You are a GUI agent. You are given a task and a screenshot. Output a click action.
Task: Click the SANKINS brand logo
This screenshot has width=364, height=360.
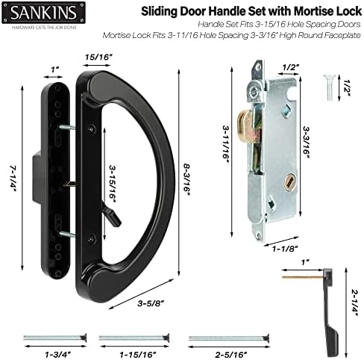click(x=44, y=13)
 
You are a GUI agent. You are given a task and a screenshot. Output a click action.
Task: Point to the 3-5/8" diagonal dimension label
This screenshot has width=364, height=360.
click(x=151, y=303)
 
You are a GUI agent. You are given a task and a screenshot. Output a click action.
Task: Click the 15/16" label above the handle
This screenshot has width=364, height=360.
click(x=97, y=58)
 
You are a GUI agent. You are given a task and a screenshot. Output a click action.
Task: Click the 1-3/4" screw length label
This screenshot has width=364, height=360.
click(x=58, y=354)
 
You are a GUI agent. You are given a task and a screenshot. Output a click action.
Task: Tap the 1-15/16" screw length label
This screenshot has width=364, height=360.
click(x=138, y=354)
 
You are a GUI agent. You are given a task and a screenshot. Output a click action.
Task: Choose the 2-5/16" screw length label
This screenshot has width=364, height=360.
click(x=231, y=354)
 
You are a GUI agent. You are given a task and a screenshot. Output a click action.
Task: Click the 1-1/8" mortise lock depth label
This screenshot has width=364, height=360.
click(x=285, y=249)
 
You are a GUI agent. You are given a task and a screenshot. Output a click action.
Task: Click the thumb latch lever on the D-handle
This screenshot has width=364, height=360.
click(x=113, y=216)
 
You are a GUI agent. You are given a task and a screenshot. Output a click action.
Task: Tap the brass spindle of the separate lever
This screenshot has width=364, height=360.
click(x=303, y=277)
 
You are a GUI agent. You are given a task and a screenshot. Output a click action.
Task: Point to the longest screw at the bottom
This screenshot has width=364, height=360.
click(x=229, y=338)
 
